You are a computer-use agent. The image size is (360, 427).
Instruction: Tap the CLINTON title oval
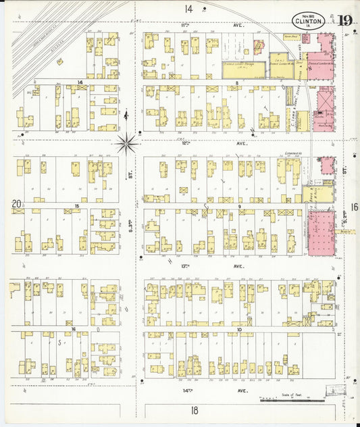(x=309, y=20)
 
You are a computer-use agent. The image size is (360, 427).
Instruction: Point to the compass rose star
(x=126, y=143)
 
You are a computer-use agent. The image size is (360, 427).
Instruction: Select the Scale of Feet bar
(x=283, y=401)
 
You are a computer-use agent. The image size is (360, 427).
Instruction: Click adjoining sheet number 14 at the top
(x=187, y=9)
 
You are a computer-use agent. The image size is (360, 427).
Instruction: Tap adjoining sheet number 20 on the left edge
(x=17, y=203)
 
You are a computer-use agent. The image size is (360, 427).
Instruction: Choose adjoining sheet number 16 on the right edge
(x=354, y=207)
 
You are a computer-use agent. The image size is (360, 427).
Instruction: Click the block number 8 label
(x=237, y=83)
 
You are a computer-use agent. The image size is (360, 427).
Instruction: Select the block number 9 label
(x=239, y=206)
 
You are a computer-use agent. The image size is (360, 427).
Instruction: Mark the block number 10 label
(x=240, y=329)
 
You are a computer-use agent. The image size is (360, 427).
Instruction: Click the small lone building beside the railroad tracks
(x=59, y=61)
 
